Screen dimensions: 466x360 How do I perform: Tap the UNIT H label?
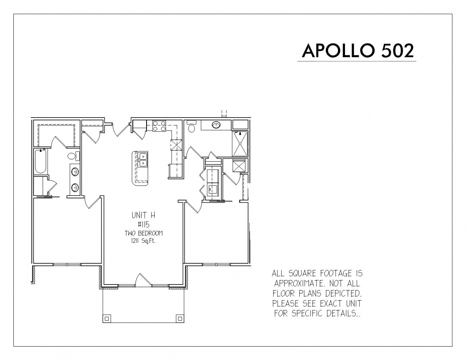click(x=143, y=215)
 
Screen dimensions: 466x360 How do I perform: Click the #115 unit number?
click(x=143, y=224)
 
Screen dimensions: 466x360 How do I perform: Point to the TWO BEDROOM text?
click(x=144, y=233)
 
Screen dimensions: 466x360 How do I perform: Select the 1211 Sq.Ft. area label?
click(x=143, y=241)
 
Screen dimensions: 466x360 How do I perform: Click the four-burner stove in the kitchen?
click(x=159, y=126)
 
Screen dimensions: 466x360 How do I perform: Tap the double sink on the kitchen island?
click(x=143, y=160)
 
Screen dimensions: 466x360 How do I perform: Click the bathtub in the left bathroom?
click(x=41, y=161)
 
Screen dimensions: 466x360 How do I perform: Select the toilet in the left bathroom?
click(x=73, y=156)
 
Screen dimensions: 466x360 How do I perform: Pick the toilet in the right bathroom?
click(x=191, y=126)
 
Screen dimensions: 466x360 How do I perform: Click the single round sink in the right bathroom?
click(x=216, y=125)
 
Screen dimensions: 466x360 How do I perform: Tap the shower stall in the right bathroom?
click(x=240, y=143)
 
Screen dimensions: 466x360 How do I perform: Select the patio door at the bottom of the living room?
click(x=143, y=280)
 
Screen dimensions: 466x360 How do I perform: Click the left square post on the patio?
click(x=107, y=319)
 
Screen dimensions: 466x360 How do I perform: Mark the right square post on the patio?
click(x=180, y=319)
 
